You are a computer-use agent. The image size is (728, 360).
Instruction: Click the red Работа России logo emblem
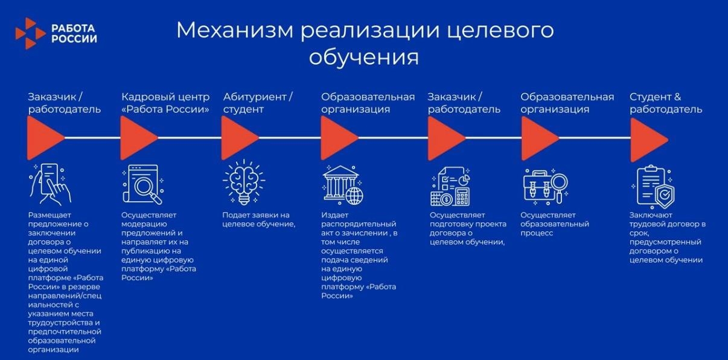(x=30, y=33)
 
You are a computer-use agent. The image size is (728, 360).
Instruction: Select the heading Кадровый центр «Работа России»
(x=165, y=103)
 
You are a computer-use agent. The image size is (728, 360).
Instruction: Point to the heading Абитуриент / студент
(x=258, y=103)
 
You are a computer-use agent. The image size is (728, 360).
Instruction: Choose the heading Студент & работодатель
(x=665, y=103)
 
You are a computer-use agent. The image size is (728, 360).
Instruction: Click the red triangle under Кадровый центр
(x=138, y=138)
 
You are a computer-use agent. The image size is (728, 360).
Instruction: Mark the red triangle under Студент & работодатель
(x=648, y=138)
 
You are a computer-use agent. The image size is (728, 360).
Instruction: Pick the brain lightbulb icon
(x=243, y=182)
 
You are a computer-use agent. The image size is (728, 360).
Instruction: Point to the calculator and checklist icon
(x=450, y=186)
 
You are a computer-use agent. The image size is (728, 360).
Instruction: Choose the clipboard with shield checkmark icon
(x=655, y=186)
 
